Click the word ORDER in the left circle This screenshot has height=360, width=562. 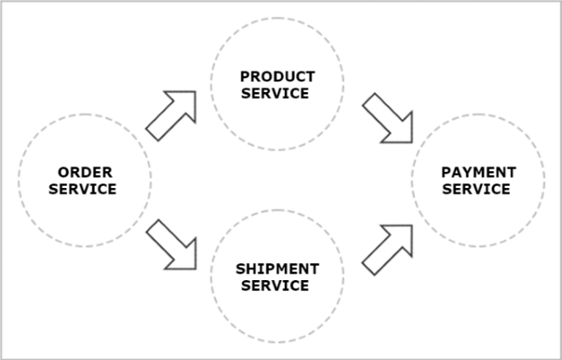pos(85,172)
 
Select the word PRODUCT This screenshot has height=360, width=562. pos(277,77)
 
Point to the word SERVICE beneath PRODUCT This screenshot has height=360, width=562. pos(277,93)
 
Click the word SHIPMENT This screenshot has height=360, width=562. pos(277,269)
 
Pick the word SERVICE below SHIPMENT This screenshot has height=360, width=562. pos(277,285)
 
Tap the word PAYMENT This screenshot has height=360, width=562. pos(478,173)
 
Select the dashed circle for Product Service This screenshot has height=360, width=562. pos(277,18)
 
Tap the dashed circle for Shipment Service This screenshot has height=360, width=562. pos(277,210)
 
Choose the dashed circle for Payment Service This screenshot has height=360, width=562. pos(478,115)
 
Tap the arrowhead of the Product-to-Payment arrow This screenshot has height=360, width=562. pos(410,140)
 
